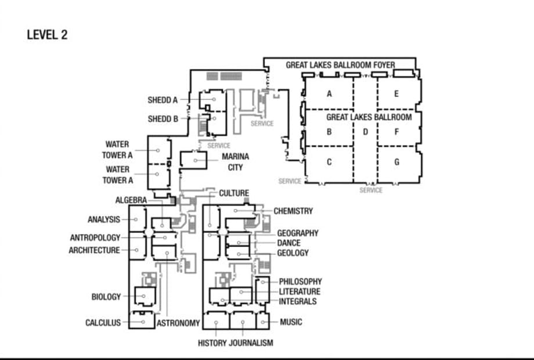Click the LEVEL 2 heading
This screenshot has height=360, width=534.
[x=48, y=35]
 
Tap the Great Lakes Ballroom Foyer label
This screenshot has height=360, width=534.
[x=341, y=64]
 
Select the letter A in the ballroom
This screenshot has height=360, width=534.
[x=329, y=93]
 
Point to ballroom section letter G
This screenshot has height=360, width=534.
[x=397, y=162]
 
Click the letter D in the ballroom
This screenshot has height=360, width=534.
[x=366, y=132]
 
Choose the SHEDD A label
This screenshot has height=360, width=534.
[x=163, y=100]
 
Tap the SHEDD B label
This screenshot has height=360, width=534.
[x=163, y=119]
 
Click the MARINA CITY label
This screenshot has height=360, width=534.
[x=235, y=162]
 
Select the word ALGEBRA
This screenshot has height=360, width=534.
[x=131, y=200]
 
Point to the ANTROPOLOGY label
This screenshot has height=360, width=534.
[x=95, y=237]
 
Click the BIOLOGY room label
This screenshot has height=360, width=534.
[x=106, y=297]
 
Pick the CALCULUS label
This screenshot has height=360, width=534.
[x=103, y=322]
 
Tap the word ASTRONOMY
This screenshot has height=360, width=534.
[x=178, y=323]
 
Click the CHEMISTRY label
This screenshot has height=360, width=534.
[x=293, y=211]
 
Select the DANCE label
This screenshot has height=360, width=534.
[x=289, y=243]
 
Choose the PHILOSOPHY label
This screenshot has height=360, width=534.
[x=301, y=282]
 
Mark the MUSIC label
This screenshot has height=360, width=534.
[x=291, y=322]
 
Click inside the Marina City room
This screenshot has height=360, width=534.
[x=193, y=160]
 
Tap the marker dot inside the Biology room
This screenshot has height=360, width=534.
[x=143, y=296]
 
